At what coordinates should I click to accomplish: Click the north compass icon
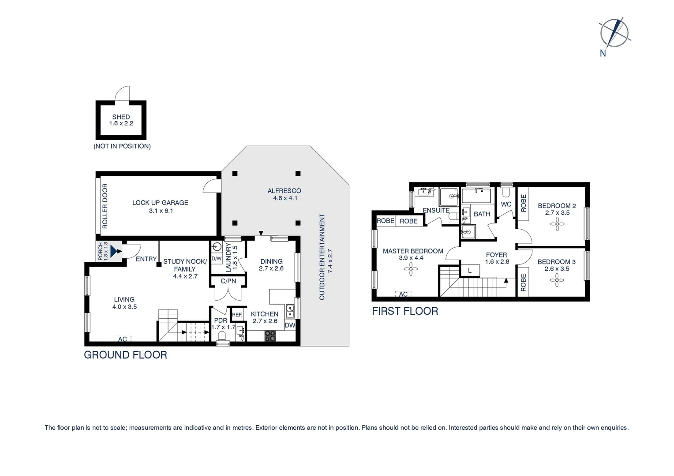(614, 33)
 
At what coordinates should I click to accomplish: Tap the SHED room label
(121, 117)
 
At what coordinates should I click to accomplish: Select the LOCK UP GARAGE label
(160, 203)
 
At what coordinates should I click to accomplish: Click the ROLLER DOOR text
(105, 206)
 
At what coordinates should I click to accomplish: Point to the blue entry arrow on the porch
(115, 251)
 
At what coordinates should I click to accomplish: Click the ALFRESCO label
(285, 191)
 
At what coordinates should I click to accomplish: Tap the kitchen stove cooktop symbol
(270, 336)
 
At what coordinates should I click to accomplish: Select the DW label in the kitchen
(290, 325)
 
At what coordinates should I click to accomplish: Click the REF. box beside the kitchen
(237, 315)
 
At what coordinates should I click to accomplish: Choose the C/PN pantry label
(228, 281)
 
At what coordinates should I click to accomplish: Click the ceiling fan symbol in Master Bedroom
(411, 269)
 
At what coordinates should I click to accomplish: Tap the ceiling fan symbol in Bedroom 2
(558, 224)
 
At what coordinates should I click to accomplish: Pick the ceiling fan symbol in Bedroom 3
(557, 280)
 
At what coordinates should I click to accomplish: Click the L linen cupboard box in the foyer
(470, 271)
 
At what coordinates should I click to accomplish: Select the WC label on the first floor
(506, 204)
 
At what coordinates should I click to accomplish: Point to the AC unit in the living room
(123, 339)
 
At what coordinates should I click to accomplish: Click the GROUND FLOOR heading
(125, 355)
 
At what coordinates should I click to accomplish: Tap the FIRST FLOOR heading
(405, 311)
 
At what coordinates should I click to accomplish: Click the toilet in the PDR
(221, 336)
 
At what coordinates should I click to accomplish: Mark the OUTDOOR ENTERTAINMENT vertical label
(322, 257)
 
